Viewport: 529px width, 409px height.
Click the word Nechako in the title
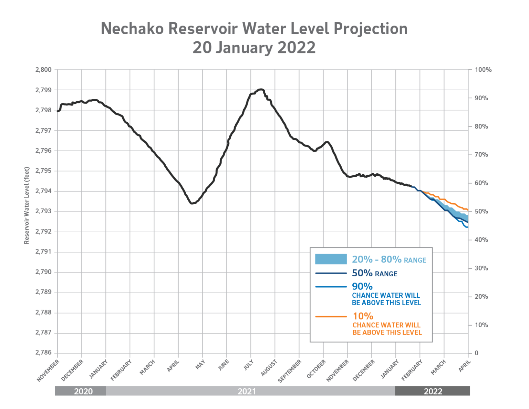132,29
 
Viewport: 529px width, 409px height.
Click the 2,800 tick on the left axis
43,70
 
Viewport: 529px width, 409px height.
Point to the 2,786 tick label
43,353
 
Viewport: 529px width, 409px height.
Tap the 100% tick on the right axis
483,70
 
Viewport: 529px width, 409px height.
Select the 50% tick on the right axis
481,211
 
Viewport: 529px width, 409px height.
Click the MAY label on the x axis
200,365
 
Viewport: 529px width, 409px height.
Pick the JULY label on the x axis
248,365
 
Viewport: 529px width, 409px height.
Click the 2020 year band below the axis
83,391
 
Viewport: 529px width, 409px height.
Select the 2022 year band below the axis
433,391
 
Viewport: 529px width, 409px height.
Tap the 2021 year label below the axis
247,391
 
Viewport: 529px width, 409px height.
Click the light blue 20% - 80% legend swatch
331,259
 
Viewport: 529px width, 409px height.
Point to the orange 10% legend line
331,316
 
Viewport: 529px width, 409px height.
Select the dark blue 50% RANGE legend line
331,273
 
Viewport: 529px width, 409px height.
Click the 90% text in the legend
362,286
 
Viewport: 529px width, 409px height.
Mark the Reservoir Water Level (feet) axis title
27,206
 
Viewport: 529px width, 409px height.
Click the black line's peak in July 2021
261,89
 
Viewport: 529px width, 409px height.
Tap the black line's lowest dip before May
192,203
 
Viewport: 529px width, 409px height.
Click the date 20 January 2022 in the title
254,48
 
